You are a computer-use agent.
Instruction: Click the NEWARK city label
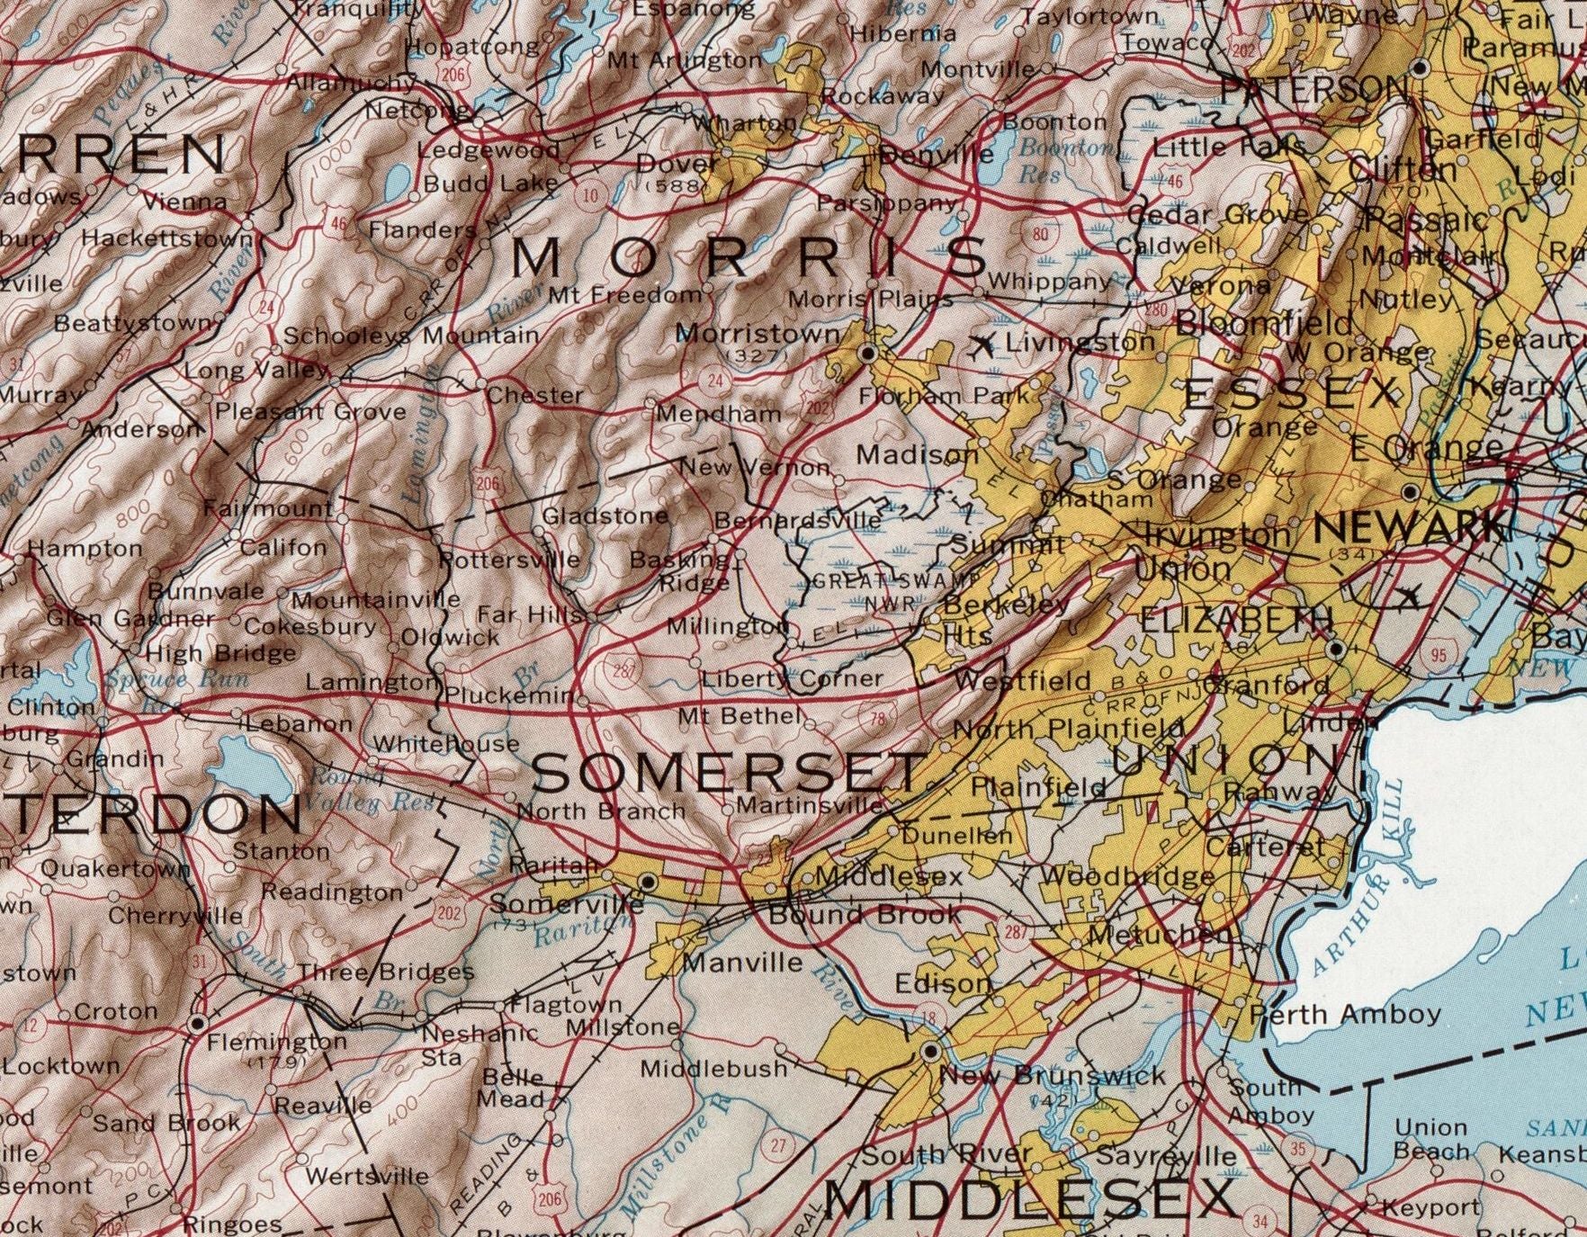click(x=1409, y=528)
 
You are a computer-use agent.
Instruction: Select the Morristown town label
click(x=758, y=333)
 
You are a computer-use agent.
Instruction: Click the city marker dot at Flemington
click(x=198, y=1025)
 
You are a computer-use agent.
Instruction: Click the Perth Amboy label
click(x=1346, y=1015)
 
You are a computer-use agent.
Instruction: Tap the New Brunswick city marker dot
click(x=931, y=1051)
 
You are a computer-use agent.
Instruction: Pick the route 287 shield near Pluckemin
click(x=623, y=670)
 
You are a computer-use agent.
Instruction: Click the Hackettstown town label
click(x=168, y=238)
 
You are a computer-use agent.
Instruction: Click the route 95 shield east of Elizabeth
click(x=1439, y=655)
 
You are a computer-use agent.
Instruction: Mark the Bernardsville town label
click(x=798, y=520)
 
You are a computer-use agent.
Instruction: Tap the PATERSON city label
click(x=1314, y=89)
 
